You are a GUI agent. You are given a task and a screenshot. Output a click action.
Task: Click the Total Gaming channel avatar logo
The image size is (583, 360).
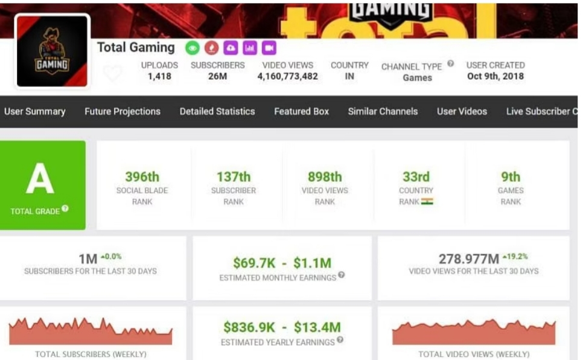(52, 51)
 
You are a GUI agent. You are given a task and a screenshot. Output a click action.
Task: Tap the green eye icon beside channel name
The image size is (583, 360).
(192, 48)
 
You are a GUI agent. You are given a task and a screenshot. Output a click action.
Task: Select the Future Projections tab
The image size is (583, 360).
(123, 111)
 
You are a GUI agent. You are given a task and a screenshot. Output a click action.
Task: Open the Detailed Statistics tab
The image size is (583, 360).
(217, 111)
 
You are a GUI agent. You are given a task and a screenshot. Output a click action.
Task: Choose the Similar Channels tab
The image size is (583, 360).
(383, 111)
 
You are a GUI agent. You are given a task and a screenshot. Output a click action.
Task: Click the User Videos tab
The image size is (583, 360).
(462, 111)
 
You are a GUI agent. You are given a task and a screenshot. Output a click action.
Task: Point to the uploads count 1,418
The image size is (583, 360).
(159, 77)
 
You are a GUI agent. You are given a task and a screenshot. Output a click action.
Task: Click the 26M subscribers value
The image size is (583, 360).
(217, 77)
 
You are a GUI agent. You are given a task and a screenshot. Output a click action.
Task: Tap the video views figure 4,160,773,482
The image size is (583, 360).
(287, 77)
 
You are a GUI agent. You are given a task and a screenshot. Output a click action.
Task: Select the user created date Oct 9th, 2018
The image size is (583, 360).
(495, 77)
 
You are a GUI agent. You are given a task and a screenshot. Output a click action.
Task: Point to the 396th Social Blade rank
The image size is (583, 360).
(142, 177)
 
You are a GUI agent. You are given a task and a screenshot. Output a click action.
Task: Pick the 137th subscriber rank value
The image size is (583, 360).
(234, 177)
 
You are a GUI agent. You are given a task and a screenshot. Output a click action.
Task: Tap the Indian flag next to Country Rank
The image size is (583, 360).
(427, 202)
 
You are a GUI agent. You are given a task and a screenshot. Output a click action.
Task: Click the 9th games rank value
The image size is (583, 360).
(511, 177)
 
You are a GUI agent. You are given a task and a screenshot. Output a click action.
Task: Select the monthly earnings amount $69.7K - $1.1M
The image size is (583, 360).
(282, 263)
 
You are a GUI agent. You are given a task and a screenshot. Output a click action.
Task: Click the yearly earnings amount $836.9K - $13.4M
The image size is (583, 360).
(282, 327)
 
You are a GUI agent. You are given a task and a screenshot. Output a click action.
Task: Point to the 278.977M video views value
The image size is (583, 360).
(468, 259)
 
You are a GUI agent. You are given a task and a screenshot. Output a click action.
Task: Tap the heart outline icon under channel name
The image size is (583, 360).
(112, 74)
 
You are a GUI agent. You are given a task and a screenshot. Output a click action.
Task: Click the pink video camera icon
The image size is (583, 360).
(269, 48)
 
